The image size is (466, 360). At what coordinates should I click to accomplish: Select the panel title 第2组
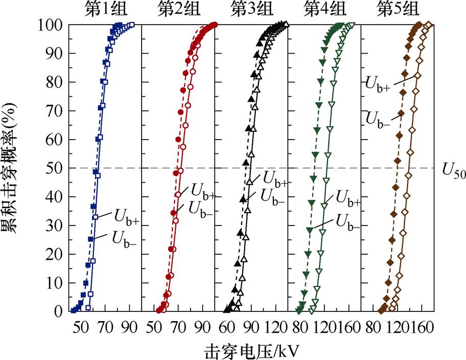click(178, 9)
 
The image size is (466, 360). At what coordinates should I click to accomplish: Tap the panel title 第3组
click(251, 9)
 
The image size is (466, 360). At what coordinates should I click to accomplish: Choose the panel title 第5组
click(398, 9)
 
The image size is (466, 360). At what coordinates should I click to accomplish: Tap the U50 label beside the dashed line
click(453, 171)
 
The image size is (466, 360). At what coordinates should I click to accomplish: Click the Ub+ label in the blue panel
click(125, 218)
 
